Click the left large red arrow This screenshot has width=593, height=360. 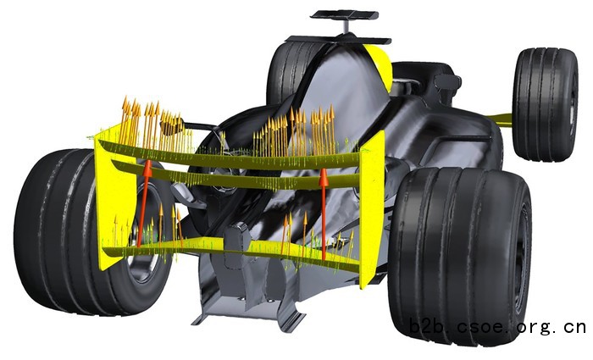point(143,203)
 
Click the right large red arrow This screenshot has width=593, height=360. point(324,214)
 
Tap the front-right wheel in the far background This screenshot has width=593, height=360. point(546,104)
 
